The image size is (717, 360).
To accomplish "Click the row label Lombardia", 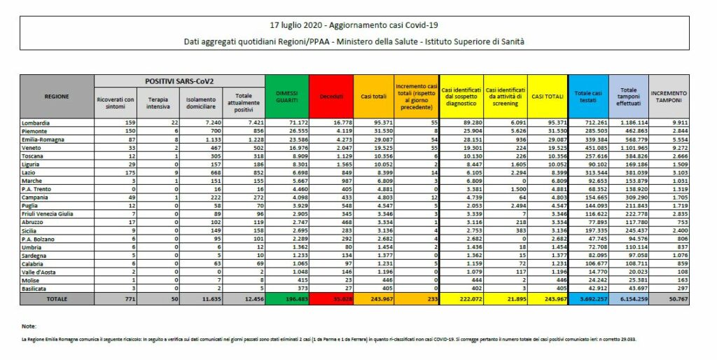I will point(37,122).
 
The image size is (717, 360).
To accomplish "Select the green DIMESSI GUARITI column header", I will point(287,95).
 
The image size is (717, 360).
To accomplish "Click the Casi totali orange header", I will point(373,95).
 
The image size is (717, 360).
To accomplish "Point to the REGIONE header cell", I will point(57,96).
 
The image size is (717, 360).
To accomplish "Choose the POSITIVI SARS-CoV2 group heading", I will point(179,82).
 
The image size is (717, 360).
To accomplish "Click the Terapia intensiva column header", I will point(158,104).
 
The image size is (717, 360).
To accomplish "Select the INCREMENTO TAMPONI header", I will point(669,95).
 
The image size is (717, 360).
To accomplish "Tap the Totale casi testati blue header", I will point(588,95).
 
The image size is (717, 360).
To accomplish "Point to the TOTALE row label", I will point(57,299).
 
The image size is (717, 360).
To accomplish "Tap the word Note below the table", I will point(29,326).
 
